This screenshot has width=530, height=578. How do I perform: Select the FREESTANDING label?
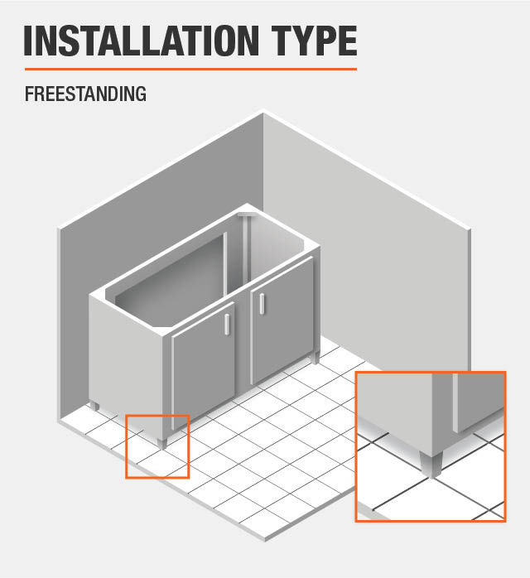[85, 94]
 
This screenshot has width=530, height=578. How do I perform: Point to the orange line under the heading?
[190, 69]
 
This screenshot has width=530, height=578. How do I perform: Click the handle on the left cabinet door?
[226, 323]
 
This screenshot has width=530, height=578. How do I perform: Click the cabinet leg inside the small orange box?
[162, 441]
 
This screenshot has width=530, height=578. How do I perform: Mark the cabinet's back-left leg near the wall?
[95, 406]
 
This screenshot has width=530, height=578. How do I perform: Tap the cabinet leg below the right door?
[316, 359]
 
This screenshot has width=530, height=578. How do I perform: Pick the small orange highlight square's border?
[126, 447]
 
